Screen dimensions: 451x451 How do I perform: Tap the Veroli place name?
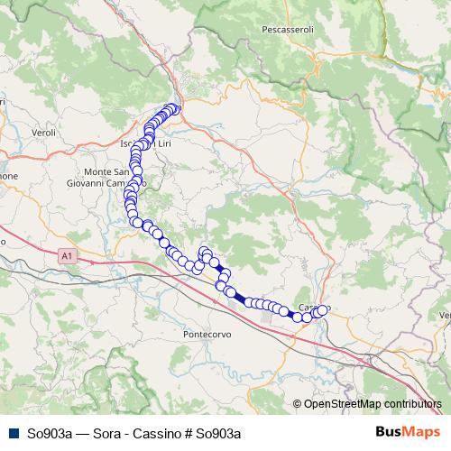(43, 133)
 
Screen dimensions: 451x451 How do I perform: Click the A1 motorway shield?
(67, 257)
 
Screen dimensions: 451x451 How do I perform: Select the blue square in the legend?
(14, 433)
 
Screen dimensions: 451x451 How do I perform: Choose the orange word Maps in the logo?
(419, 433)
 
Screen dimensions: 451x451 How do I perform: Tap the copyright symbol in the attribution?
(297, 403)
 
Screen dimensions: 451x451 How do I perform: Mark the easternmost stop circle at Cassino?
(322, 310)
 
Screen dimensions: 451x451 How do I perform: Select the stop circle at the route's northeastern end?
(175, 109)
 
